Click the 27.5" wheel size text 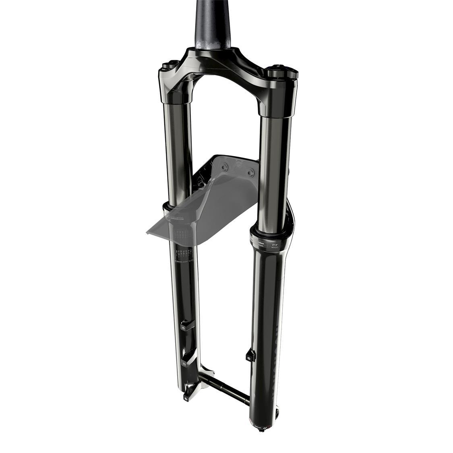[x=275, y=245]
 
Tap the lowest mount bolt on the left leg [x=186, y=397]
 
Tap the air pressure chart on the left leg [x=184, y=252]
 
